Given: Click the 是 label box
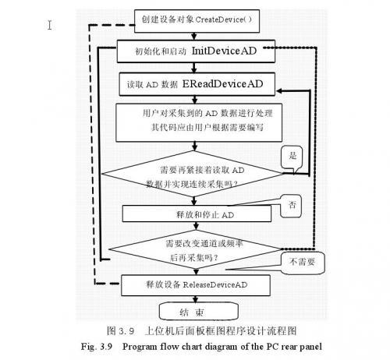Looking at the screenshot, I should tap(293, 156).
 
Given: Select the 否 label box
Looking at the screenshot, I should tap(292, 205).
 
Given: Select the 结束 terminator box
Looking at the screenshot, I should tap(188, 312).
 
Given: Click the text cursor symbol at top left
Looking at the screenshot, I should tap(50, 24).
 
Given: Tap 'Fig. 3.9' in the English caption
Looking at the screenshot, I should tap(112, 345).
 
